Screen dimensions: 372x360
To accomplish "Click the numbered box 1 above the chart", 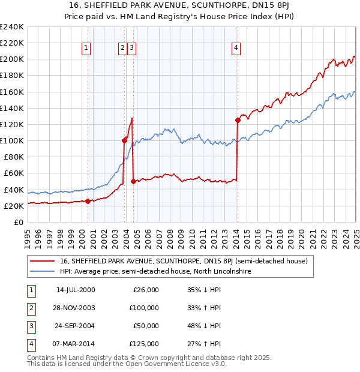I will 86,49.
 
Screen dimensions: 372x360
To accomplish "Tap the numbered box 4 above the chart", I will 236,49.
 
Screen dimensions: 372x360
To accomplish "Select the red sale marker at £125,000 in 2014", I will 238,120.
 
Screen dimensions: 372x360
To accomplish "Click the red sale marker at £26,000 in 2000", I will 88,201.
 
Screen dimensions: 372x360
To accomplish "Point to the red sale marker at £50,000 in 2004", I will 133,181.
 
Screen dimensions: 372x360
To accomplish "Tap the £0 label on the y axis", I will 18,222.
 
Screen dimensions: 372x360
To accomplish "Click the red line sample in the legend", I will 43,261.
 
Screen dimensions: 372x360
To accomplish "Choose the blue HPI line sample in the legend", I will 43,271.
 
